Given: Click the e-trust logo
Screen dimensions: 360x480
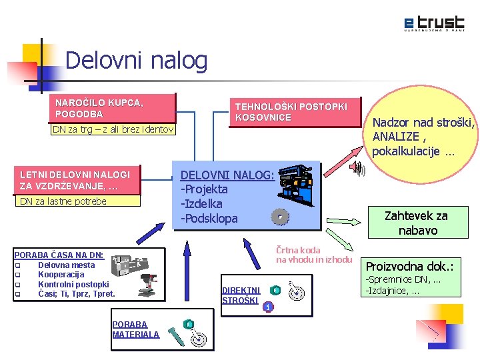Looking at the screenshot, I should click(x=434, y=23).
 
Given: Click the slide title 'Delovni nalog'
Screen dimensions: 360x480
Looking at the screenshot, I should click(x=137, y=61).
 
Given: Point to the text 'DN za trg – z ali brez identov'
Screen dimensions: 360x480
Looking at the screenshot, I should click(x=113, y=129).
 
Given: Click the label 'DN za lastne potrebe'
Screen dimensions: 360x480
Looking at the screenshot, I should click(x=63, y=201).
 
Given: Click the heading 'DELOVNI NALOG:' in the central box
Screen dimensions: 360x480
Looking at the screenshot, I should click(x=227, y=175).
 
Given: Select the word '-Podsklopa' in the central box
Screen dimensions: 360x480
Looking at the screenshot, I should click(x=209, y=219).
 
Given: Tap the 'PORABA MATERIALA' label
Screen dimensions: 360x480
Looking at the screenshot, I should click(x=136, y=329).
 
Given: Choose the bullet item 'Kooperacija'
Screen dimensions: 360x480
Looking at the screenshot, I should click(x=61, y=274).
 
